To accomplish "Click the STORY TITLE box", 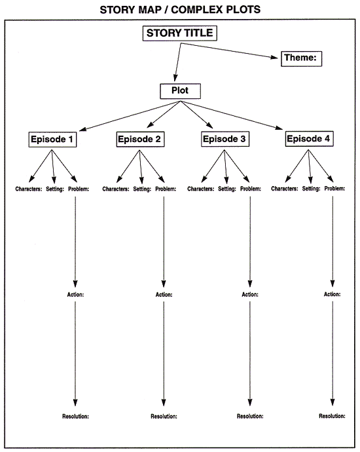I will [x=179, y=33].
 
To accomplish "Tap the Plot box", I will [x=180, y=90].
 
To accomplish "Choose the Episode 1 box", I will [x=53, y=139].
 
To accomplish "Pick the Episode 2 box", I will [x=140, y=139].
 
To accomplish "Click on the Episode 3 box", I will [x=225, y=139].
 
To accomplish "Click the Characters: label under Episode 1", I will [x=29, y=189].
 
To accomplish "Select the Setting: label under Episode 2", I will [x=141, y=189].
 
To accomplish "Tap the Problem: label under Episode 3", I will [x=251, y=189].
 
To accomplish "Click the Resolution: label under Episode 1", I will [x=75, y=416].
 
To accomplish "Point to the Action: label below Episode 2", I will [x=164, y=294].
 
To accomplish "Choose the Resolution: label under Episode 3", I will [x=250, y=416].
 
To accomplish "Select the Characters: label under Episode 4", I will [x=285, y=189].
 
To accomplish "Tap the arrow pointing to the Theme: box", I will [x=229, y=52].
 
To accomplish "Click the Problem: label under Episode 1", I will [x=78, y=189].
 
